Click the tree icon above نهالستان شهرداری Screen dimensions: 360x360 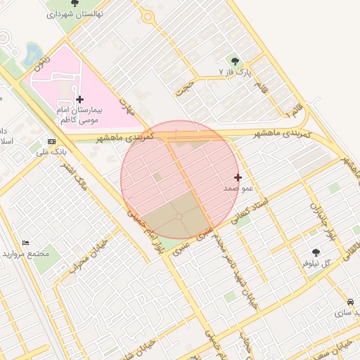click(x=75, y=4)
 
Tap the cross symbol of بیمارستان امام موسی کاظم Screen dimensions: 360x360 click(x=79, y=100)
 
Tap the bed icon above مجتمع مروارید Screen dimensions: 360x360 click(x=26, y=243)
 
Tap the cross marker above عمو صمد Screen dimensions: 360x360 click(x=238, y=177)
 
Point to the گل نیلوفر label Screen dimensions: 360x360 click(x=316, y=263)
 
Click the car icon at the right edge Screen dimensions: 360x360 click(x=350, y=302)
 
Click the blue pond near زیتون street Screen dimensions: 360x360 click(x=31, y=52)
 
